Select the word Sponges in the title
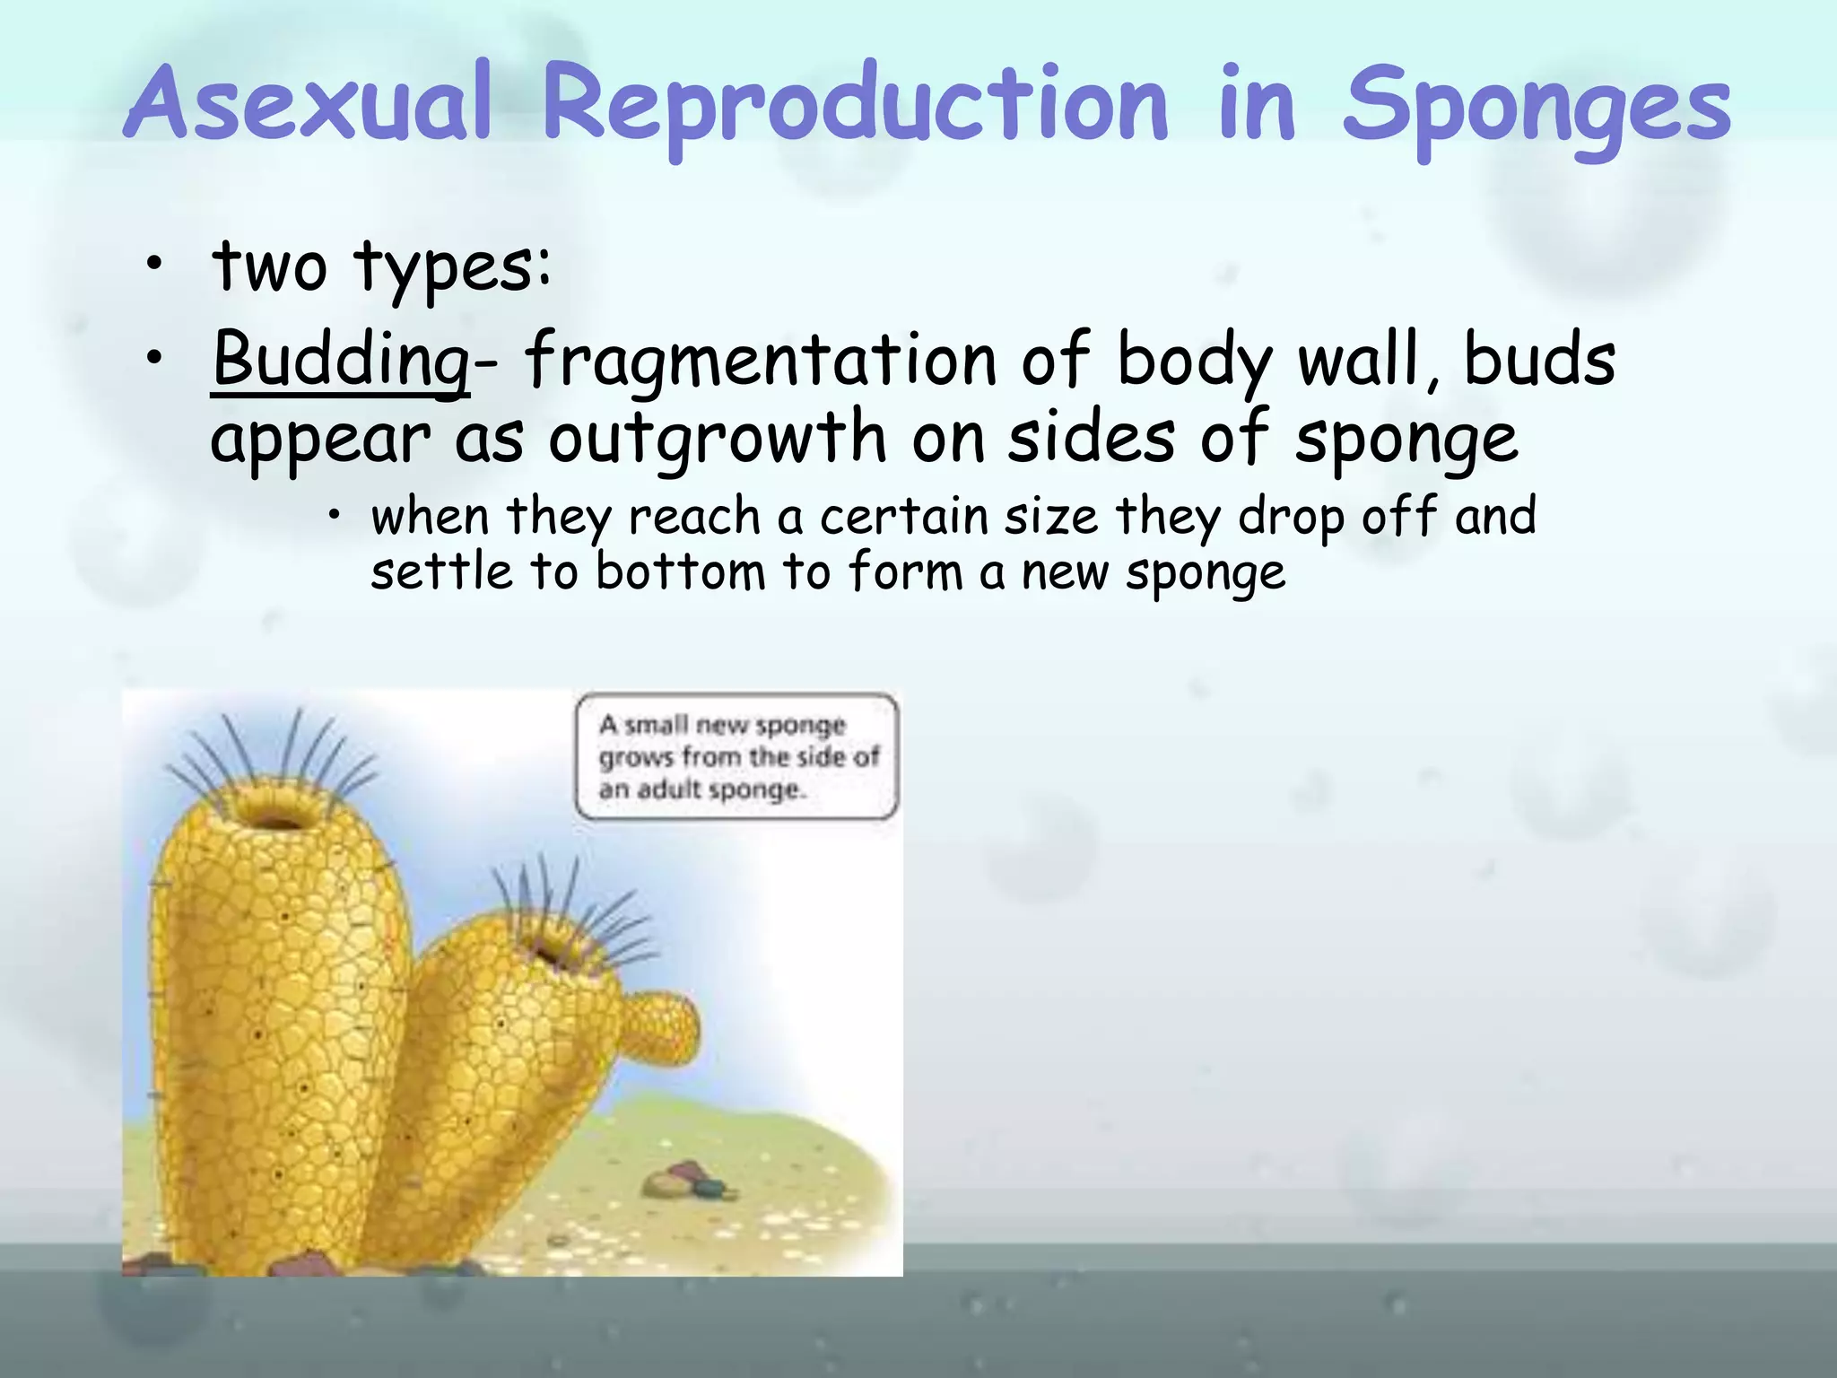[1536, 106]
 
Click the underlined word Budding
[340, 360]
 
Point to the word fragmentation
[760, 360]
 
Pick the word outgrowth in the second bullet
[718, 438]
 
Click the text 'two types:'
[381, 266]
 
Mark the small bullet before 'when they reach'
[334, 514]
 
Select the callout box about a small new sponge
[736, 756]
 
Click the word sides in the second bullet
[1091, 438]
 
